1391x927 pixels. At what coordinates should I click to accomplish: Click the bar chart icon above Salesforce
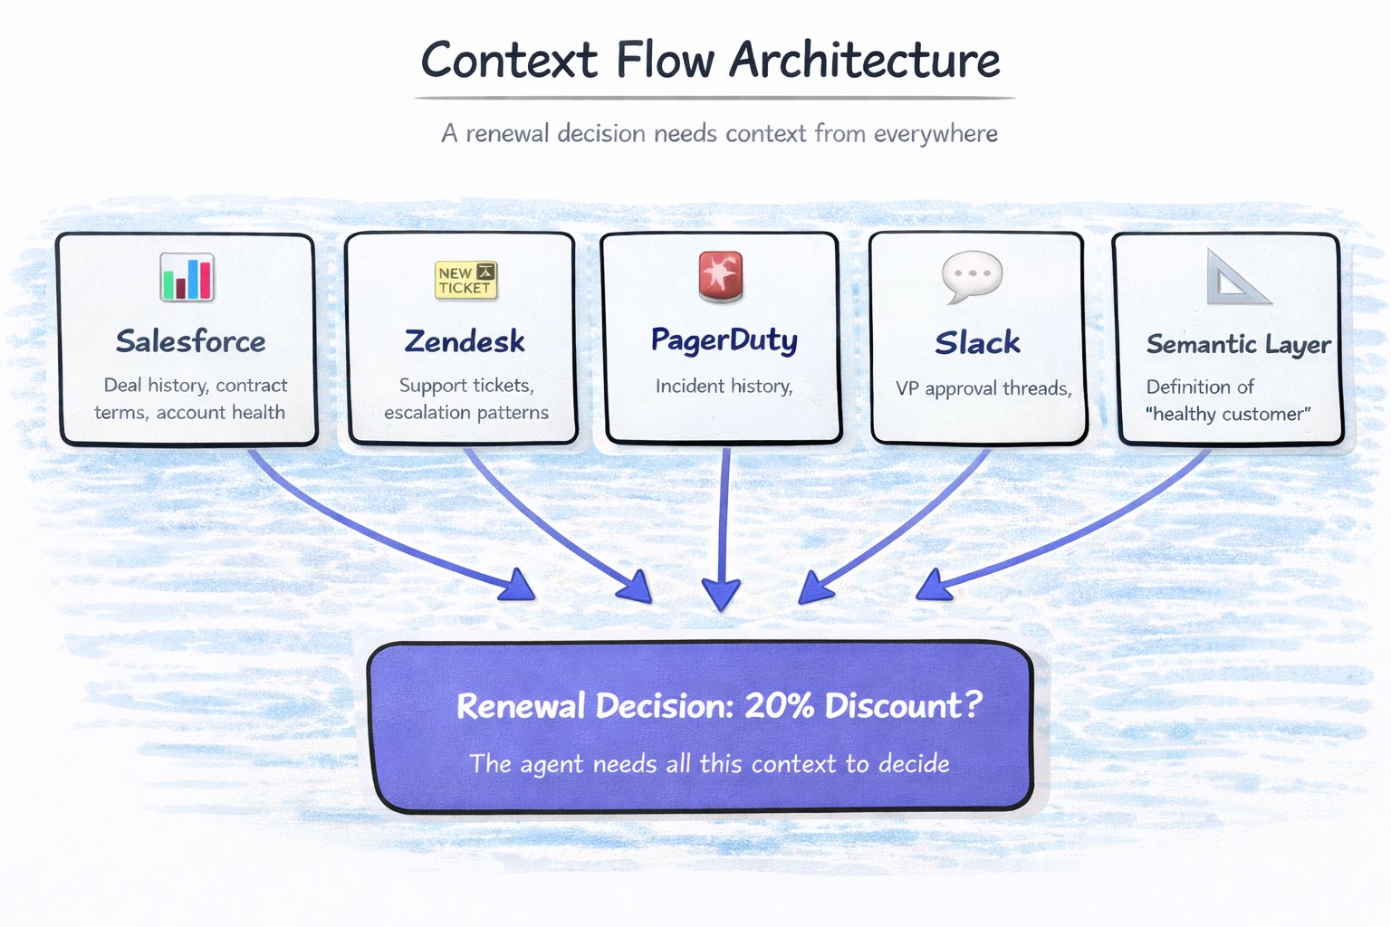tap(187, 277)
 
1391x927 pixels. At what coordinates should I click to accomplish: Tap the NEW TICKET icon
tap(465, 280)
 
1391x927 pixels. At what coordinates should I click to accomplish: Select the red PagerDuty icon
tap(721, 275)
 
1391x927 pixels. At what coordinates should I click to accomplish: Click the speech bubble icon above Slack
tap(972, 275)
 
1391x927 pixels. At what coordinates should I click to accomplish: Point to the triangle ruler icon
tap(1235, 278)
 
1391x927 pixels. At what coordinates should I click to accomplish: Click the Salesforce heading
tap(190, 341)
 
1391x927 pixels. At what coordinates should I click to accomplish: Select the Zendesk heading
tap(465, 341)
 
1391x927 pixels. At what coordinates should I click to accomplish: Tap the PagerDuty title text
tap(724, 340)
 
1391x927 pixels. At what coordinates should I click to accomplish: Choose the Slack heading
tap(977, 342)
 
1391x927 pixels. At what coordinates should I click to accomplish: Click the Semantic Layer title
tap(1238, 344)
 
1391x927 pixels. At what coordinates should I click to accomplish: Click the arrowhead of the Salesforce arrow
tap(516, 586)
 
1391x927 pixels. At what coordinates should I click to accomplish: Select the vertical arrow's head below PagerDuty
tap(722, 594)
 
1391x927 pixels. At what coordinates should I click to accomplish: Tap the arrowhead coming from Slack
tap(814, 588)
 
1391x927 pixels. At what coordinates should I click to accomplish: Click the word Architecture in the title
tap(865, 61)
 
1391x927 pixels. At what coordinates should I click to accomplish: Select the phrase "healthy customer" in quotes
tap(1228, 415)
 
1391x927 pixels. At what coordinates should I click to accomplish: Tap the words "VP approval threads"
tap(983, 388)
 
